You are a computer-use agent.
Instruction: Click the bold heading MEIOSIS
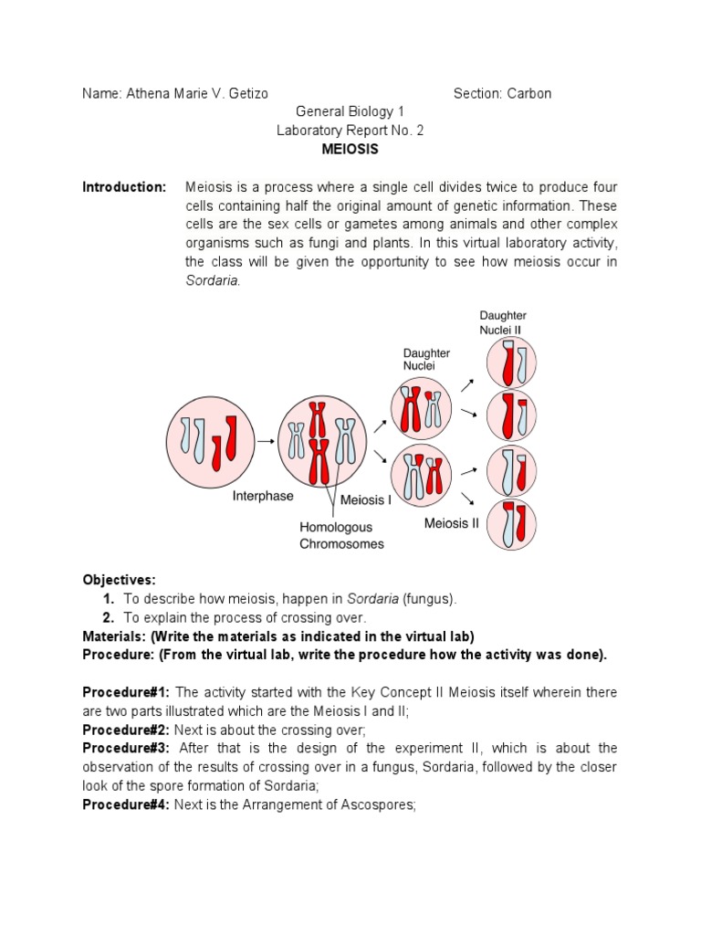tap(350, 149)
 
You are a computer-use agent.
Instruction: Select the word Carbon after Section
tap(528, 93)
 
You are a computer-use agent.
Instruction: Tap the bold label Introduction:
tap(124, 187)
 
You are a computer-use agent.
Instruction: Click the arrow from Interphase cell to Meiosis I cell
tap(266, 441)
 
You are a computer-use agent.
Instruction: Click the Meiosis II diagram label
tap(451, 524)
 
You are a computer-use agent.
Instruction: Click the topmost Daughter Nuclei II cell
tap(510, 362)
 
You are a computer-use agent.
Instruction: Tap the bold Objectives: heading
tap(120, 580)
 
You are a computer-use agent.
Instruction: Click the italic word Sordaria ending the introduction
tap(212, 280)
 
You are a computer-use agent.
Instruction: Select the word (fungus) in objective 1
tap(429, 599)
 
